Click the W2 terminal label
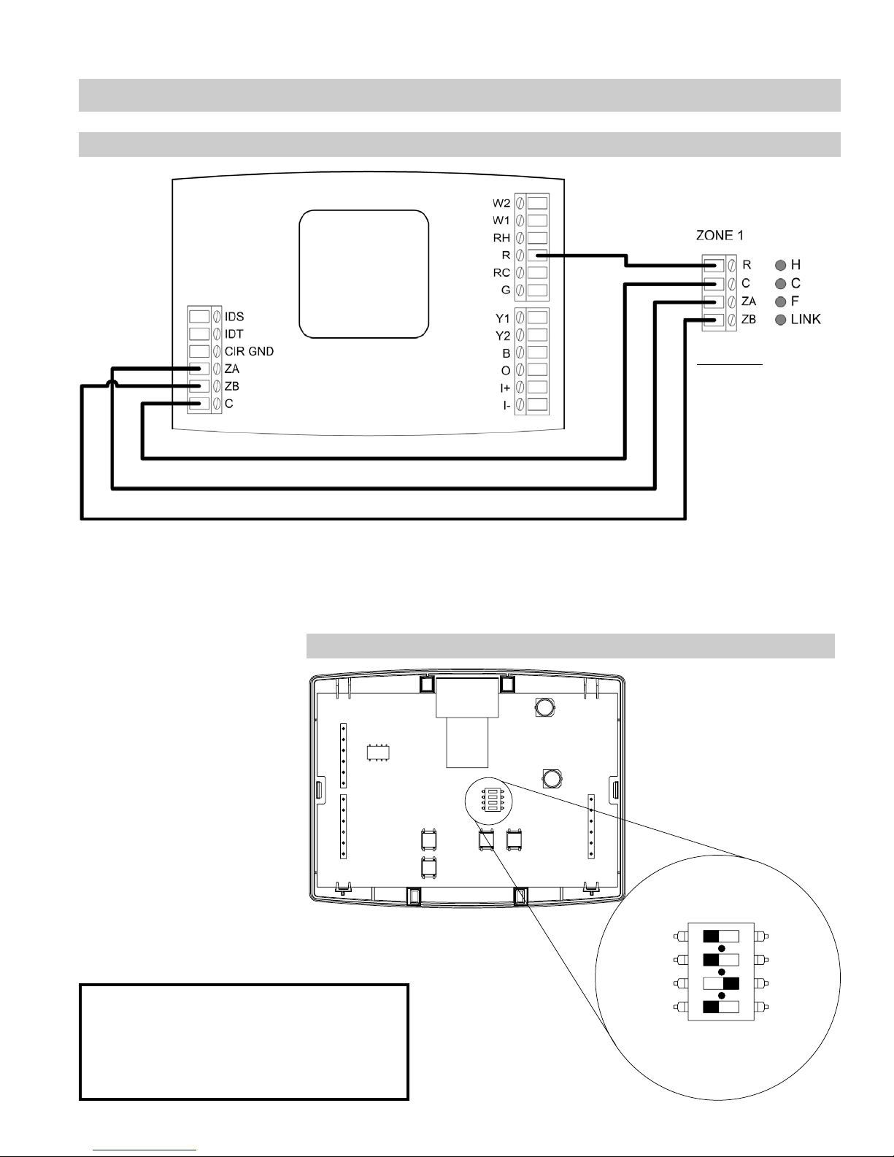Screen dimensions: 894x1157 pyautogui.click(x=501, y=203)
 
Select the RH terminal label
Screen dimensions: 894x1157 pyautogui.click(x=501, y=237)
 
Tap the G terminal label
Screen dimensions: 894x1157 pyautogui.click(x=506, y=290)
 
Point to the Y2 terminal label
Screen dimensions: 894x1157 pyautogui.click(x=502, y=336)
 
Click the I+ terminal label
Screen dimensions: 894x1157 pyautogui.click(x=505, y=388)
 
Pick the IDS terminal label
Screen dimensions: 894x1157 pyautogui.click(x=234, y=316)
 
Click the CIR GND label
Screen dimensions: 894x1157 pyautogui.click(x=249, y=351)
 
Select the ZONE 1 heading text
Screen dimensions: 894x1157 pyautogui.click(x=720, y=235)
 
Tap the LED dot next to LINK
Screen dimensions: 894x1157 pyautogui.click(x=781, y=320)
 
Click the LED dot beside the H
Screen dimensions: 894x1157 pyautogui.click(x=781, y=265)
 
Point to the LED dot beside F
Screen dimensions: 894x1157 pyautogui.click(x=781, y=302)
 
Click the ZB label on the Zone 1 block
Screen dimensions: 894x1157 pyautogui.click(x=749, y=320)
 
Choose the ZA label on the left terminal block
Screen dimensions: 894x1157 pyautogui.click(x=232, y=369)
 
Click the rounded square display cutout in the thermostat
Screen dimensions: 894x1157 pyautogui.click(x=364, y=274)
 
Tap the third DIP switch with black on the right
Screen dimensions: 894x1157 pyautogui.click(x=721, y=983)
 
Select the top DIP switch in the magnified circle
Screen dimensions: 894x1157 pyautogui.click(x=721, y=936)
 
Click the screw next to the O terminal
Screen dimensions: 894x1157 pyautogui.click(x=520, y=370)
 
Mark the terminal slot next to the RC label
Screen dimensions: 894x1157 pyautogui.click(x=537, y=272)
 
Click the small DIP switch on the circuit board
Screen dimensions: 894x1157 pyautogui.click(x=489, y=800)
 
